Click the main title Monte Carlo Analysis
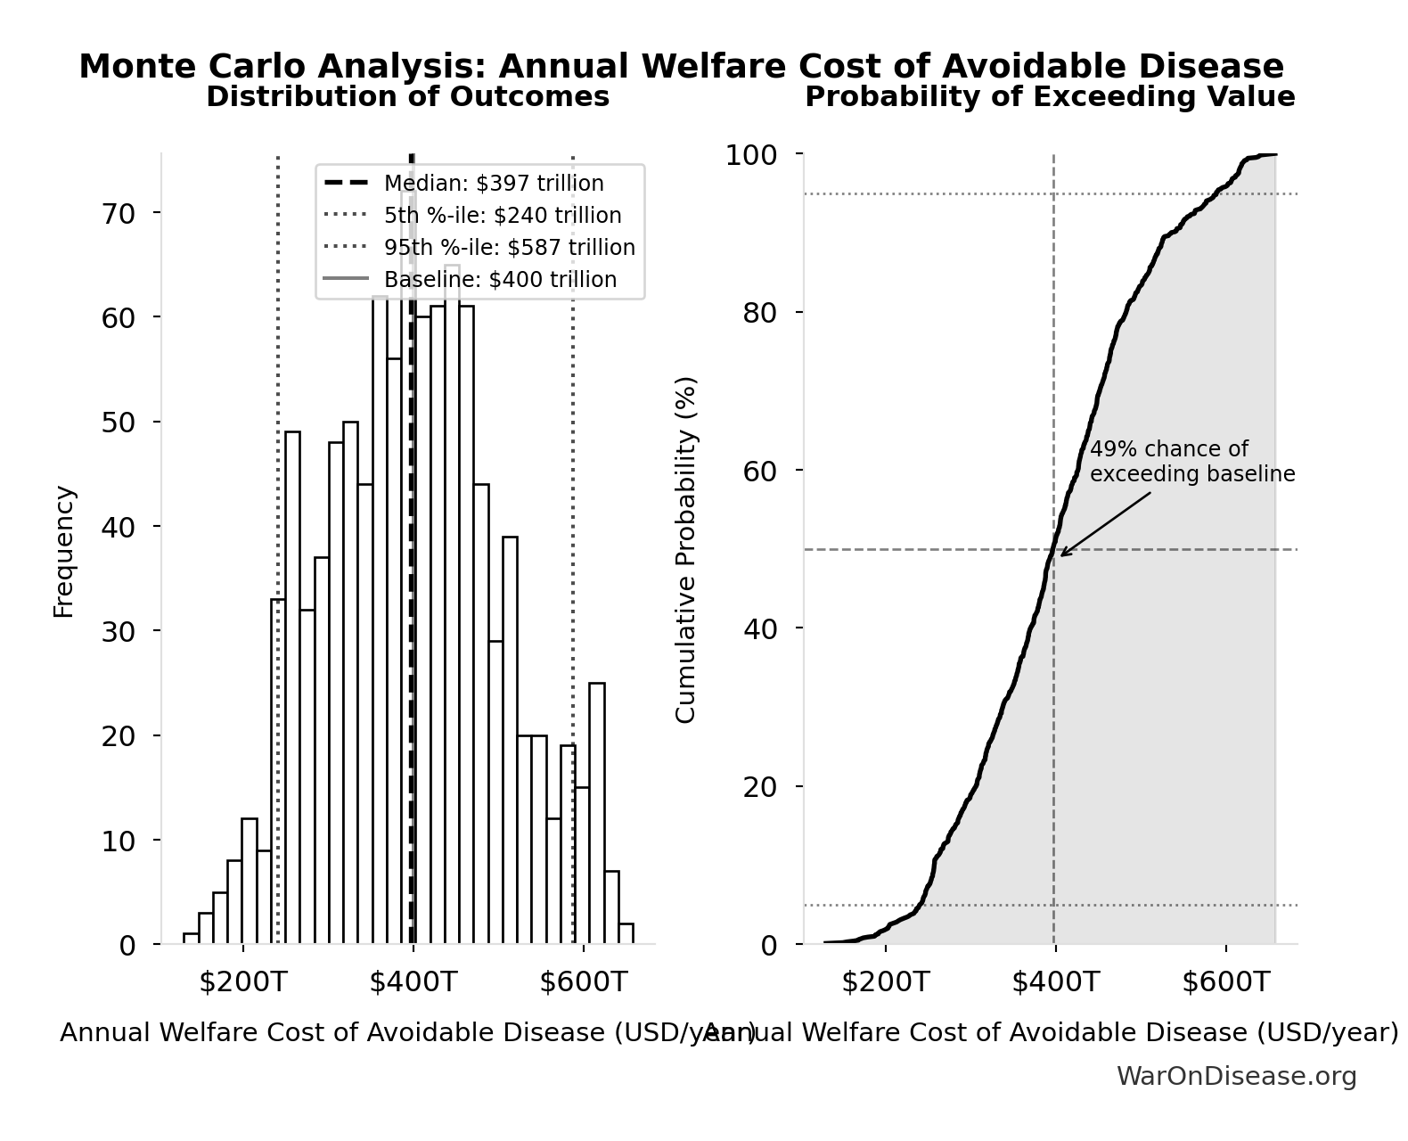[x=681, y=67]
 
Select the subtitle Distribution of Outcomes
[x=407, y=96]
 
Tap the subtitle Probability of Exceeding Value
[x=1049, y=96]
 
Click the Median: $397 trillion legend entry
[x=493, y=184]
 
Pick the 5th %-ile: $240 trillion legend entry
[x=502, y=216]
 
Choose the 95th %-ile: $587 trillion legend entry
[x=509, y=248]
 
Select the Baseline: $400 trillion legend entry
[x=499, y=280]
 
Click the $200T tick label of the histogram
[x=242, y=982]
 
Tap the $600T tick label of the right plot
[x=1225, y=982]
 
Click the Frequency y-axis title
[x=64, y=551]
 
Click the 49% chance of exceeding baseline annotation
[x=1191, y=462]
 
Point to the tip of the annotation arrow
[x=1060, y=556]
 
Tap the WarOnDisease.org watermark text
[x=1236, y=1076]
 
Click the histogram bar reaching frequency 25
[x=597, y=813]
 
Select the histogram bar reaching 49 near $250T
[x=292, y=686]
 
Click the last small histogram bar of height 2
[x=626, y=933]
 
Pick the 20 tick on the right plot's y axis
[x=760, y=787]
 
